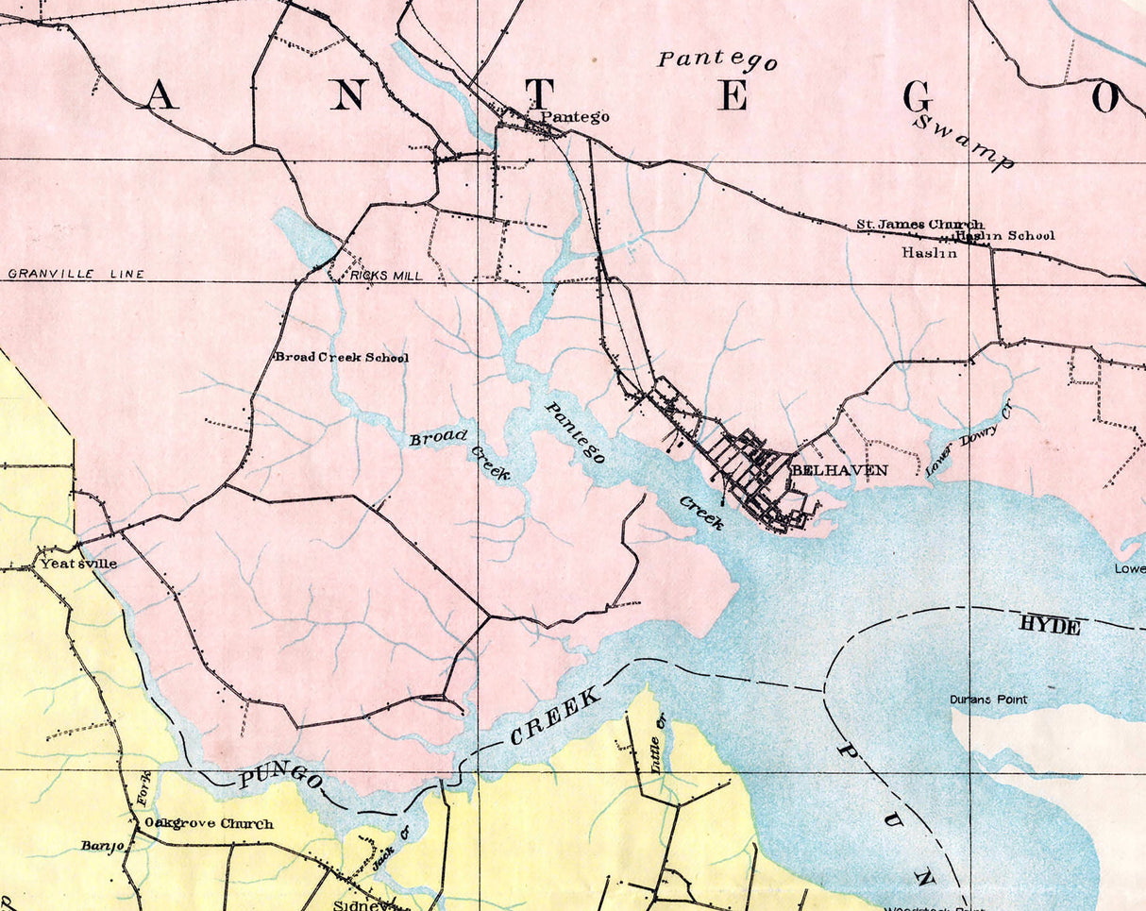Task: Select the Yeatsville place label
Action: click(x=78, y=564)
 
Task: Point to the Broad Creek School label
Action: click(x=342, y=358)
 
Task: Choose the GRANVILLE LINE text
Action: click(x=76, y=274)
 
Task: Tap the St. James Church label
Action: click(x=918, y=225)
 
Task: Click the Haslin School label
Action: click(x=1005, y=236)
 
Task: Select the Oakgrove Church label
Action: click(x=209, y=823)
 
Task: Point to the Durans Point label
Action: click(x=988, y=700)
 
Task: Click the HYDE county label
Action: click(x=1049, y=625)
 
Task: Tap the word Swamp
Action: click(x=964, y=142)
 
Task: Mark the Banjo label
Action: click(x=103, y=846)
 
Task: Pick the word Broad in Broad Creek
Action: click(x=438, y=438)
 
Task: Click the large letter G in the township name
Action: click(x=918, y=96)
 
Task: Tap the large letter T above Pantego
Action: click(x=539, y=94)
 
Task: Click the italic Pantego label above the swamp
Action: click(x=717, y=59)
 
